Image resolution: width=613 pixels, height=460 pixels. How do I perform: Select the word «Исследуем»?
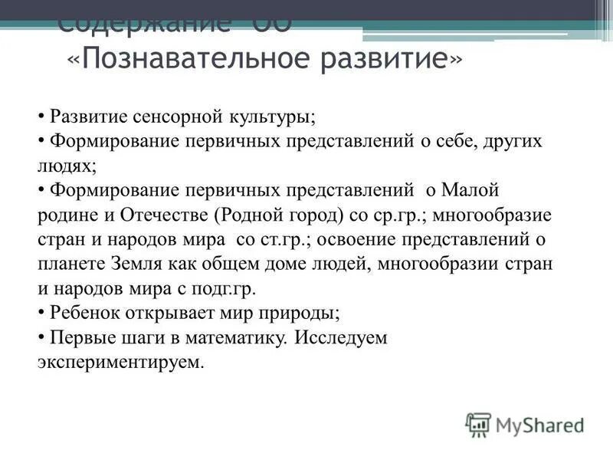coord(342,337)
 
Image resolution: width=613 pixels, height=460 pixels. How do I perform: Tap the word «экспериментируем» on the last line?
coord(120,362)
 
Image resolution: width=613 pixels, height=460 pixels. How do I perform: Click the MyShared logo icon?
coord(478,425)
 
